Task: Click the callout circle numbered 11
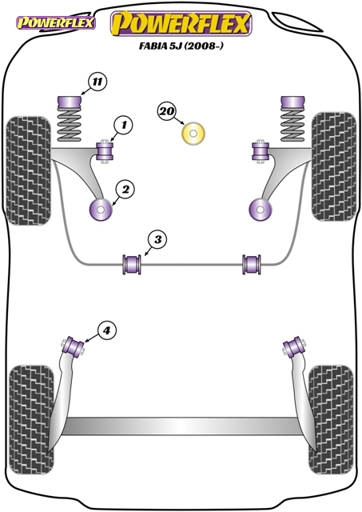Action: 97,82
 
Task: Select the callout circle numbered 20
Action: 167,111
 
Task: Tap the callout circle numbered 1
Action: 124,125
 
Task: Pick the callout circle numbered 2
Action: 125,189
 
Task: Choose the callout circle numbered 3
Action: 158,240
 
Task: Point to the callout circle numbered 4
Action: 106,331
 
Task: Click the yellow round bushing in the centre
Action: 193,134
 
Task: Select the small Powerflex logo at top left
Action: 56,23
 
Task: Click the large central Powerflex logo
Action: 181,23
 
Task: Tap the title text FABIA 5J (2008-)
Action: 181,46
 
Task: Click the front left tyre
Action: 29,170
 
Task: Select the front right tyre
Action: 333,166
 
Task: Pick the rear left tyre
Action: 31,421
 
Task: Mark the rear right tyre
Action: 331,420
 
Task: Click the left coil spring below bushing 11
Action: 70,126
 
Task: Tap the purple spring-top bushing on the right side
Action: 292,103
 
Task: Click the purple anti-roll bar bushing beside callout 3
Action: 132,264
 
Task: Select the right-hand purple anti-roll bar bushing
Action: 252,264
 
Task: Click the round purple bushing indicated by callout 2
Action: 101,209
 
